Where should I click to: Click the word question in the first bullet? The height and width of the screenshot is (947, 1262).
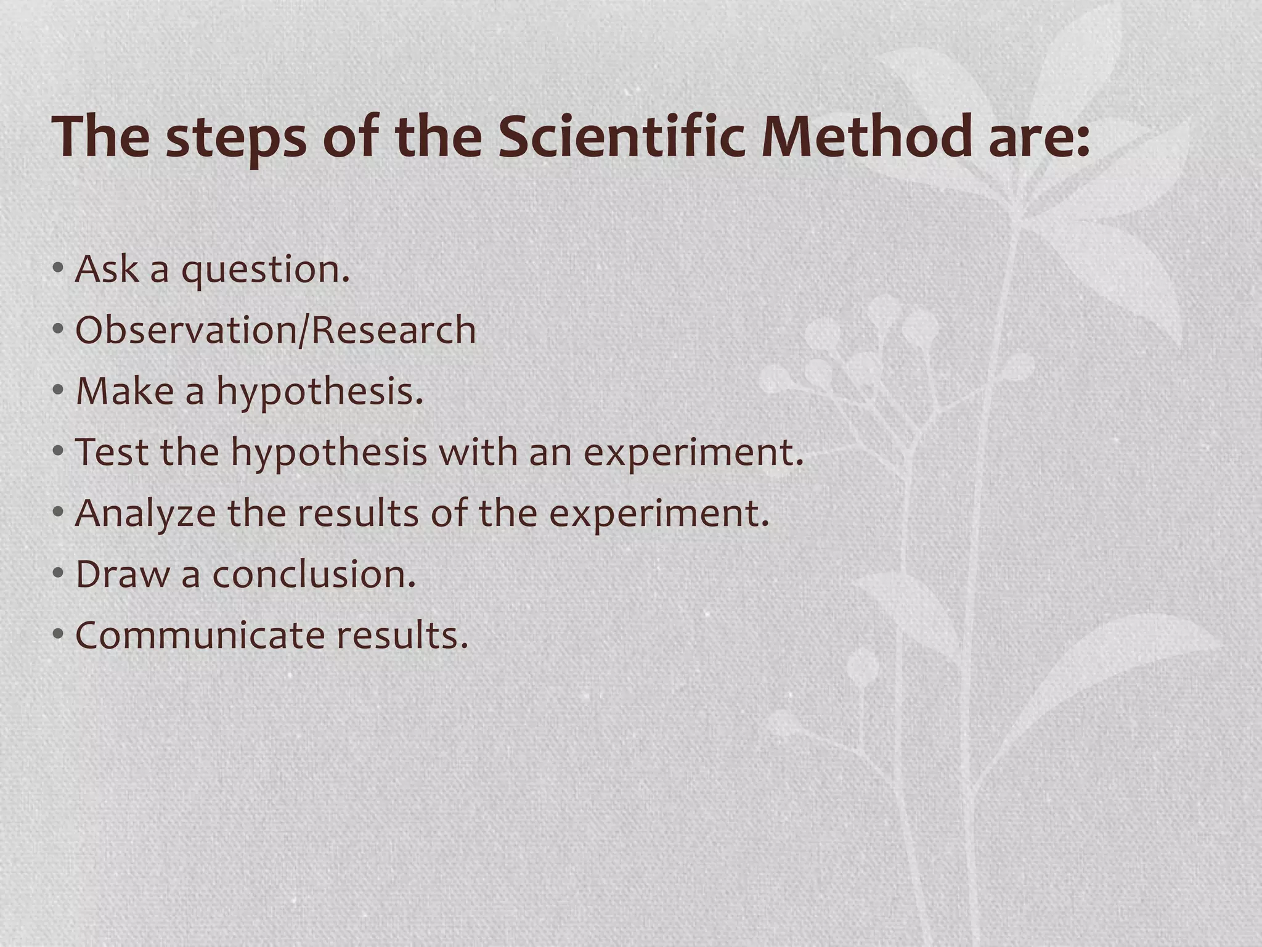click(x=265, y=271)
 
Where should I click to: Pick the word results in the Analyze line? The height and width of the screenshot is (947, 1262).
click(x=358, y=514)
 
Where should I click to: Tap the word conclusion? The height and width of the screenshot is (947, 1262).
click(x=314, y=574)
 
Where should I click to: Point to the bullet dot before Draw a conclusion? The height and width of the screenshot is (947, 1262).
click(x=58, y=573)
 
